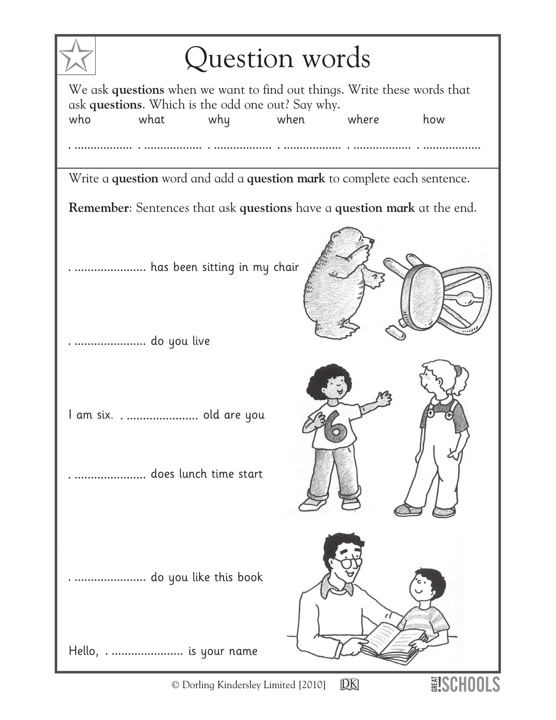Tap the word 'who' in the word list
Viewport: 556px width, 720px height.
click(x=79, y=119)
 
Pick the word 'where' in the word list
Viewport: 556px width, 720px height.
click(x=363, y=119)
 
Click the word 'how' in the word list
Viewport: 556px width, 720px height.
click(x=434, y=119)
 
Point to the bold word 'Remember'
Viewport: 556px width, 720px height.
click(x=98, y=208)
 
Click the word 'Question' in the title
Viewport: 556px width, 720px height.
click(x=238, y=58)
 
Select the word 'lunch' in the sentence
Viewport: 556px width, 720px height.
click(x=193, y=474)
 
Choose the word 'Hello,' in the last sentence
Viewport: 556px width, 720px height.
click(x=83, y=651)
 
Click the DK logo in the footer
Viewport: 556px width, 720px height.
click(x=349, y=684)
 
